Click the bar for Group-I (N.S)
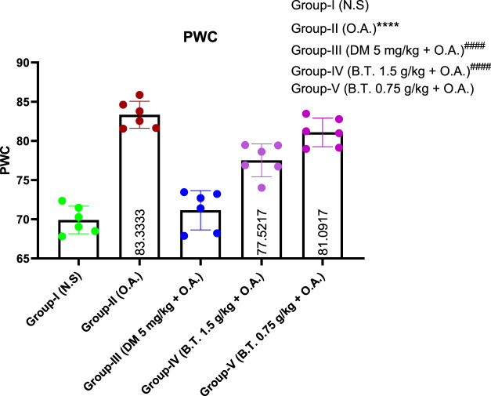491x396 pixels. pos(78,240)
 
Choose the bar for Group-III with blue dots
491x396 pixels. pos(200,235)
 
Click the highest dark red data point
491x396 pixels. pos(139,96)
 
